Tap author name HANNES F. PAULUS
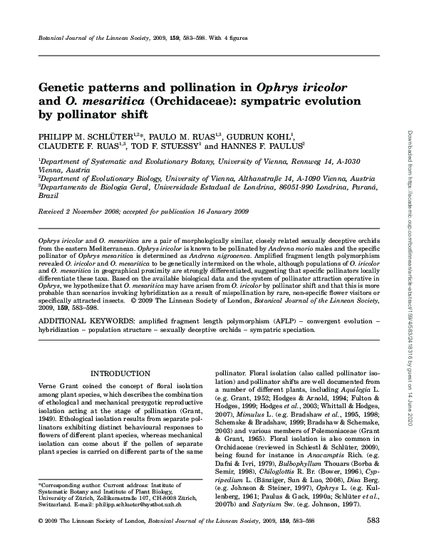[259, 145]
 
